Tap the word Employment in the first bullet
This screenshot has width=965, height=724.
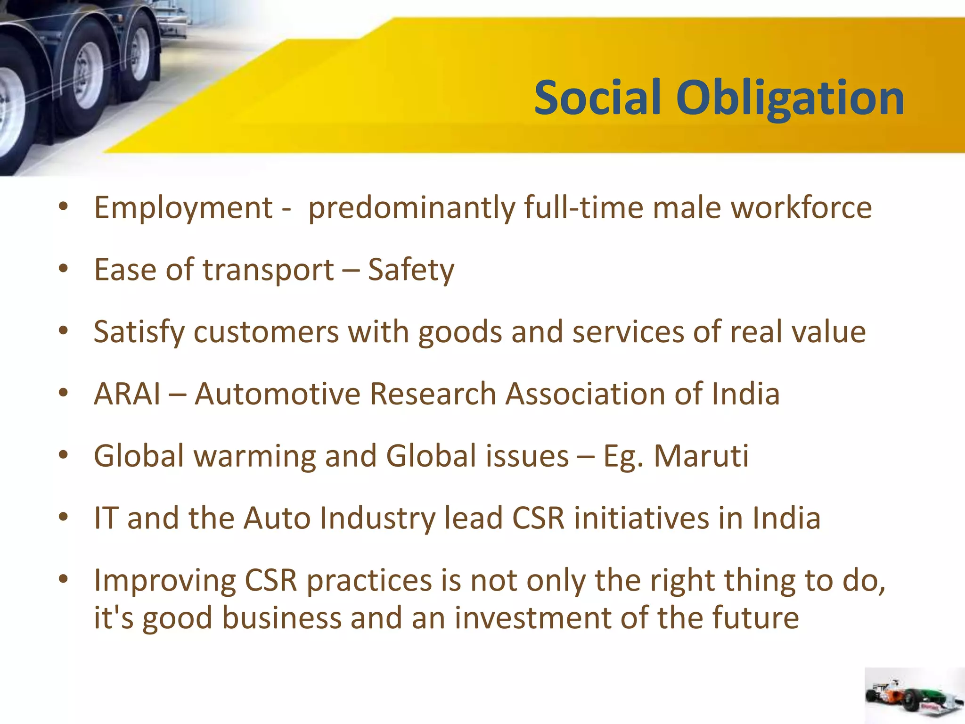[183, 208]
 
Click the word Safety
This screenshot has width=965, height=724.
[411, 271]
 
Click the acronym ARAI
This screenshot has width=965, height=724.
[127, 394]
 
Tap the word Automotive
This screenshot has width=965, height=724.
[278, 394]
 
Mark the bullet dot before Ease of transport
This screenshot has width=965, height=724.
[64, 269]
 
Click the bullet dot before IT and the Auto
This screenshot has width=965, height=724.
[64, 517]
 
